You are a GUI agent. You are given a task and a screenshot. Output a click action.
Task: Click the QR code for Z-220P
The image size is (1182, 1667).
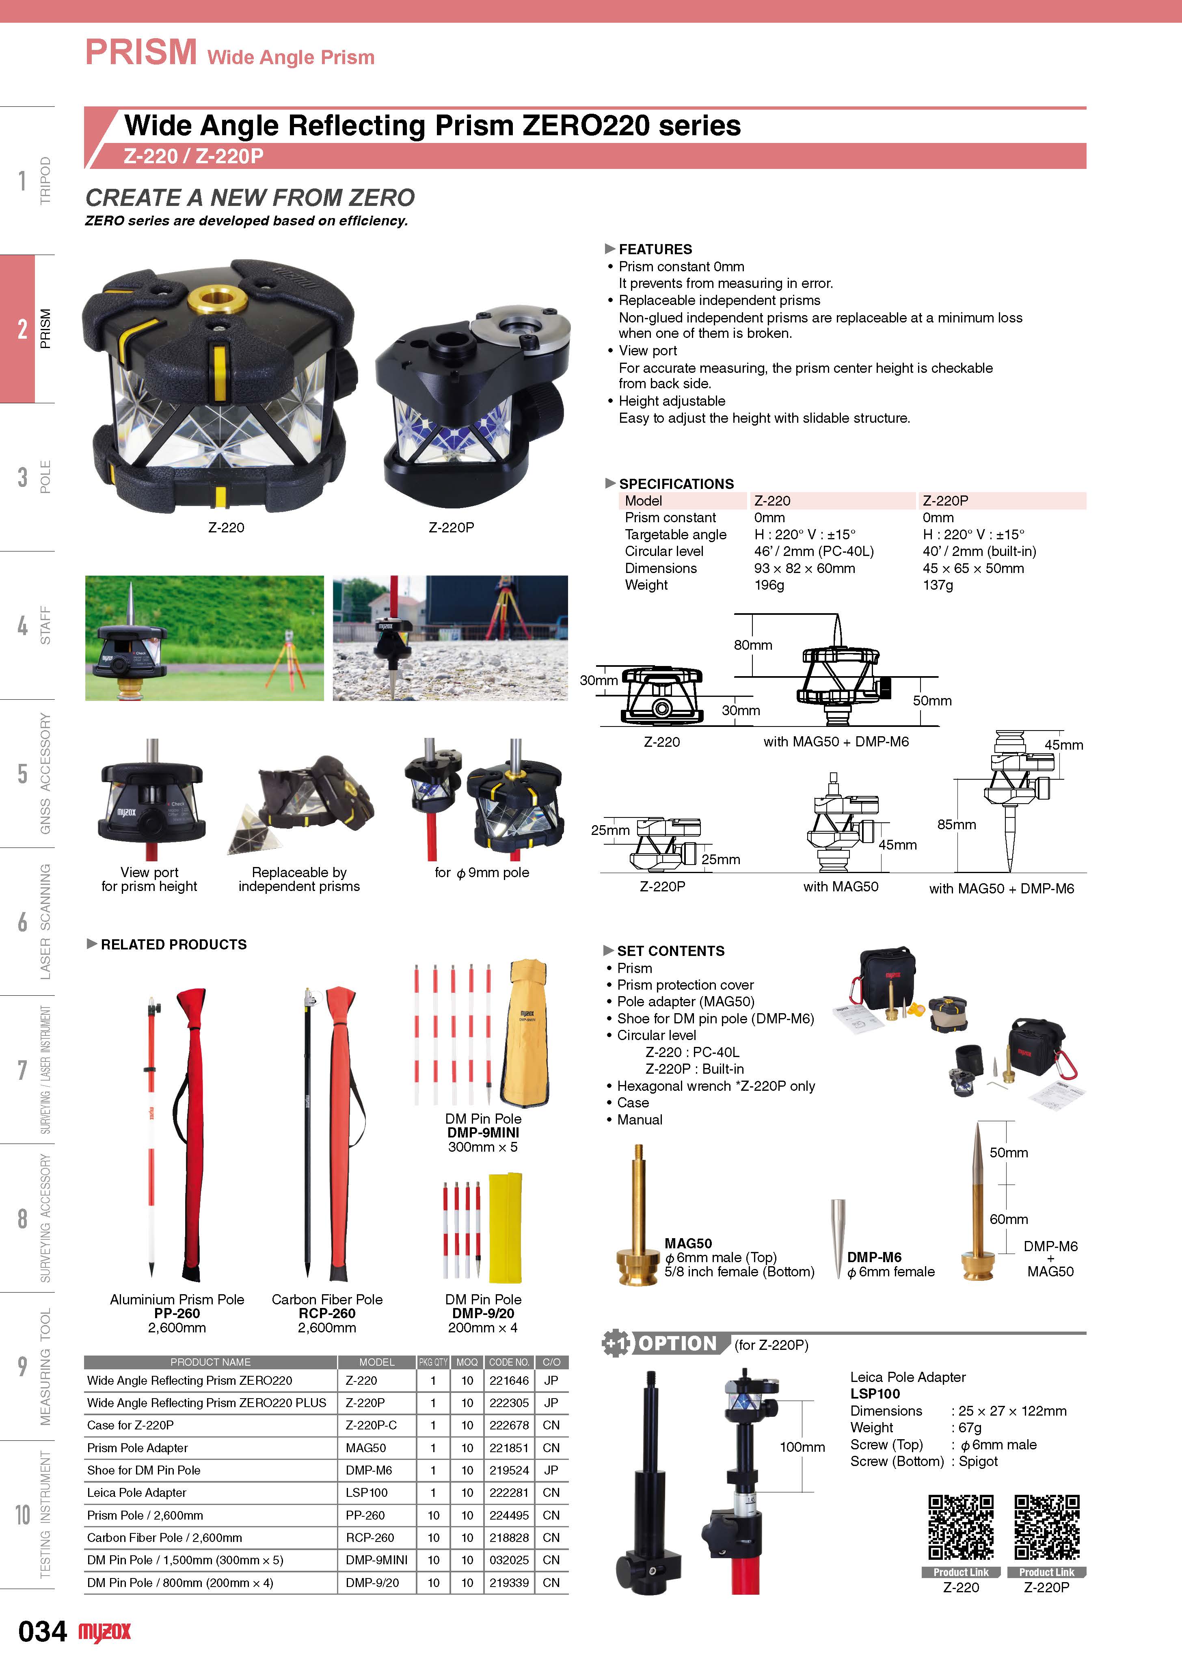[x=1047, y=1527]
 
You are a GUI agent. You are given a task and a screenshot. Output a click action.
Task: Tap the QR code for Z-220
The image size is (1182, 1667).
[x=961, y=1527]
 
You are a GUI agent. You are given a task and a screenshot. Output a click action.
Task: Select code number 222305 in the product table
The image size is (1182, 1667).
[x=509, y=1403]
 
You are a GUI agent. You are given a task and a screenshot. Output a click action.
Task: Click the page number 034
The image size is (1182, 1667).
[x=42, y=1631]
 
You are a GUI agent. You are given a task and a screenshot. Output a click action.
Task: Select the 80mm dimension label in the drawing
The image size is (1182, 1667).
[x=752, y=645]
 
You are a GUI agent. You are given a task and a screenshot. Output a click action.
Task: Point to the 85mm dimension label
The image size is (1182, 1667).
[x=956, y=825]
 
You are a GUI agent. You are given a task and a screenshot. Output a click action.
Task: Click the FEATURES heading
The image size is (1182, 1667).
[x=655, y=249]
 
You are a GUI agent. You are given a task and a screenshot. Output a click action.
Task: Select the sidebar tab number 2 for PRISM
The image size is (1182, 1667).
[x=23, y=329]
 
